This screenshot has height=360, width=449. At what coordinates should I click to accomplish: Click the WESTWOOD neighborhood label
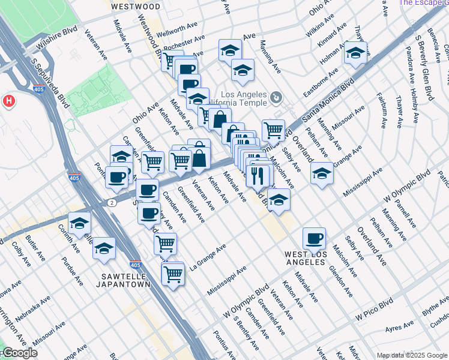(x=136, y=7)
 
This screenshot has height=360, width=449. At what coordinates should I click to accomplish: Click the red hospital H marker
(x=8, y=100)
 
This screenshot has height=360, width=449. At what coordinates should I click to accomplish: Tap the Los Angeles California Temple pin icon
(x=276, y=97)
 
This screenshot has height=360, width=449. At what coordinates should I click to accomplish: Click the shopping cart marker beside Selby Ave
(x=273, y=129)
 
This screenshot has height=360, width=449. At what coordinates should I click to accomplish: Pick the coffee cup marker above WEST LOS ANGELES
(x=314, y=239)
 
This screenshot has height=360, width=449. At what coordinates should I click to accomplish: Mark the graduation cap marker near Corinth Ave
(x=79, y=223)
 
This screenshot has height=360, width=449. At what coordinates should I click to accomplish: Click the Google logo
(x=20, y=353)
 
